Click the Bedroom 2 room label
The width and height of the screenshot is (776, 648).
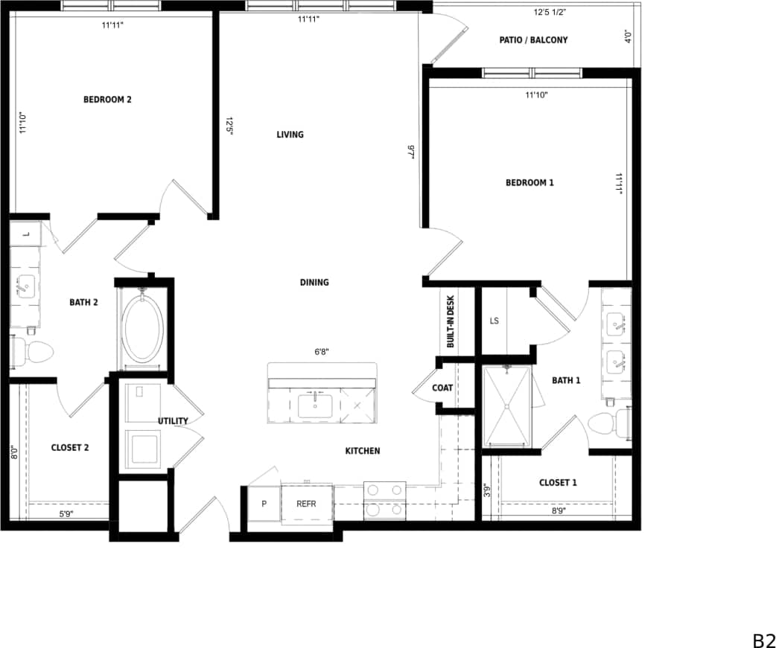(x=107, y=100)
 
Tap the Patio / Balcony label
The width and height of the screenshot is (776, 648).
(x=533, y=40)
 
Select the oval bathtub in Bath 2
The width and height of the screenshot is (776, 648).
(x=143, y=329)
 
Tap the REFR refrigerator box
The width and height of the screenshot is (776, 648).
(x=306, y=504)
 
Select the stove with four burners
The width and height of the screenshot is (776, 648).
(x=384, y=500)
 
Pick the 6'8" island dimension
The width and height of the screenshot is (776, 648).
(x=322, y=353)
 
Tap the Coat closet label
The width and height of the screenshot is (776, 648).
(x=442, y=388)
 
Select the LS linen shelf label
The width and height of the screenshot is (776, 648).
(x=494, y=321)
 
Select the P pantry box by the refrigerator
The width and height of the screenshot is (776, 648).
(x=264, y=504)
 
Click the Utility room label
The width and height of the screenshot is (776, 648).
(x=173, y=421)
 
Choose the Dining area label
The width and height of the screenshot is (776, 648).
(x=314, y=283)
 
